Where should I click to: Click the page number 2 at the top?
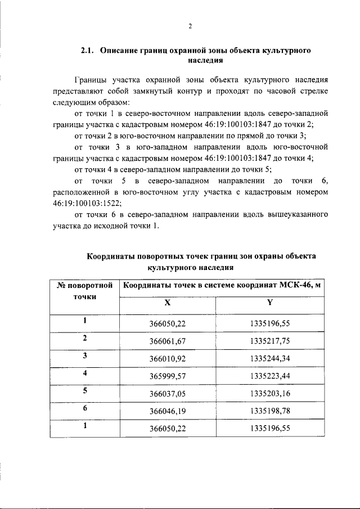pyautogui.click(x=190, y=26)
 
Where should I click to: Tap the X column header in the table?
pyautogui.click(x=167, y=302)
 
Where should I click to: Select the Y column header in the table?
pyautogui.click(x=269, y=302)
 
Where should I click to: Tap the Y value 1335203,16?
pyautogui.click(x=269, y=393)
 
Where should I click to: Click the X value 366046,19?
pyautogui.click(x=167, y=411)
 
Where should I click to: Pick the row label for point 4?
pyautogui.click(x=84, y=373)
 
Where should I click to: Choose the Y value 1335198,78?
pyautogui.click(x=269, y=411)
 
